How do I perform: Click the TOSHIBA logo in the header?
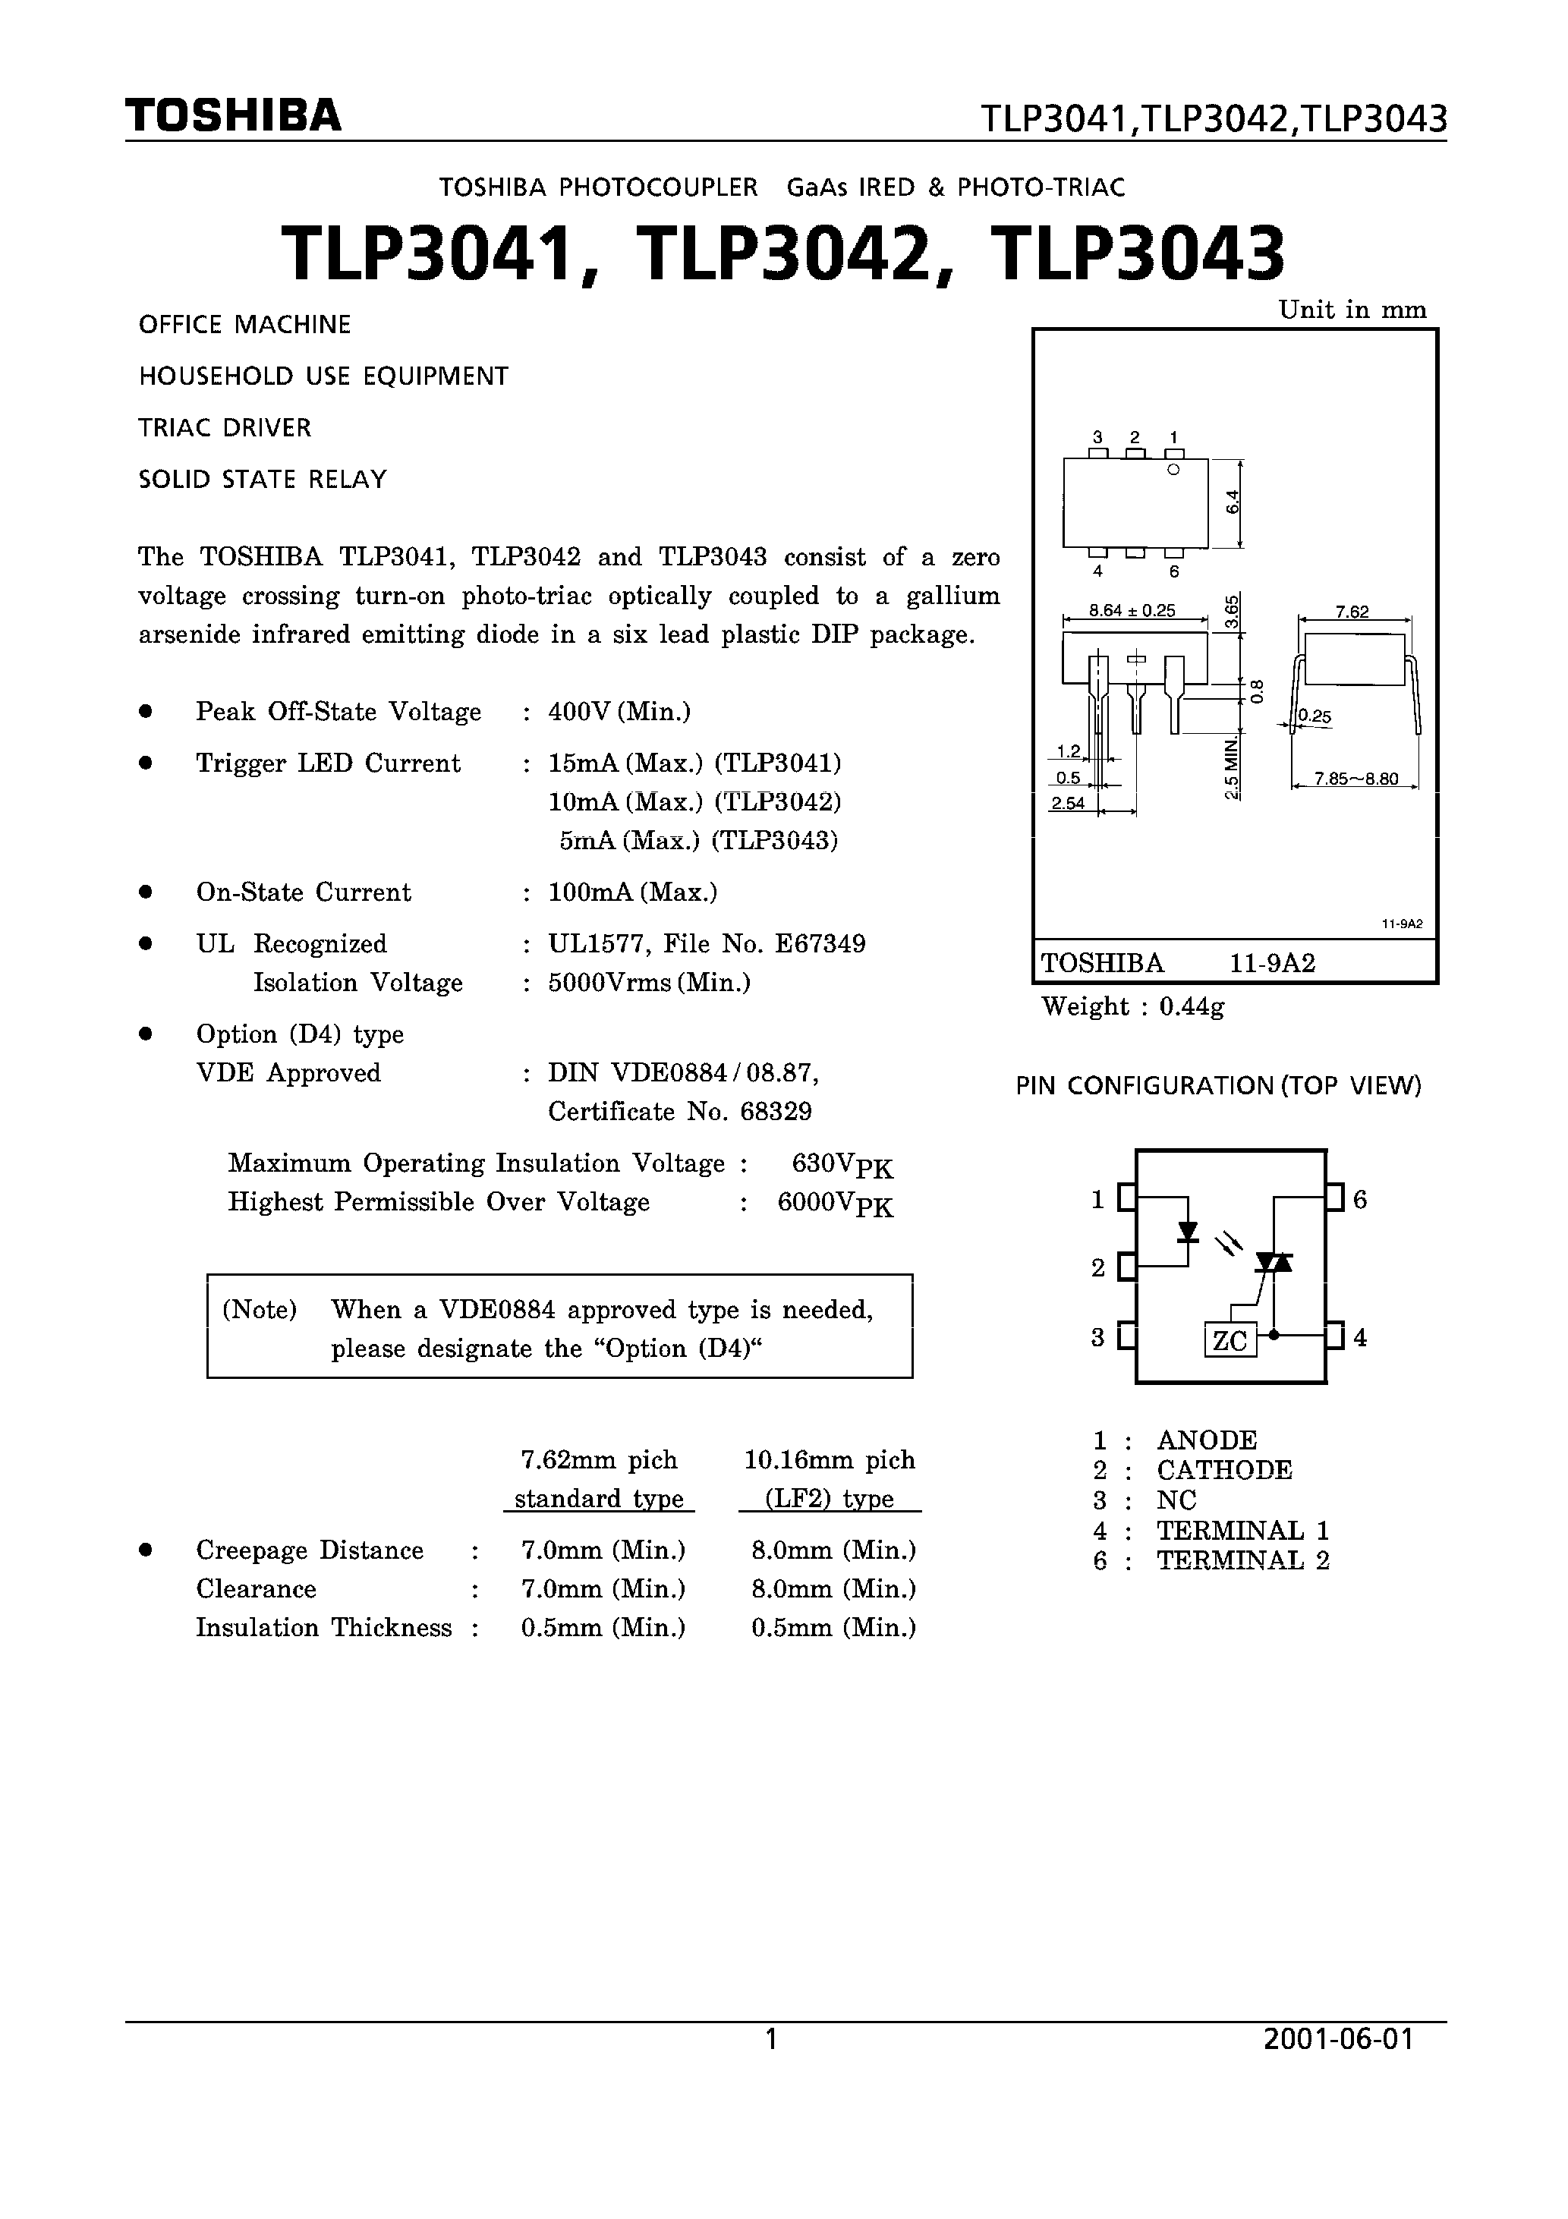233,116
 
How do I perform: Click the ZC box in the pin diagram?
1230,1340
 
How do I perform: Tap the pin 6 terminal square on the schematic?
1335,1198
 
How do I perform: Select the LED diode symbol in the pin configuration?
1188,1231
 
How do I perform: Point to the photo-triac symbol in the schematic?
1274,1262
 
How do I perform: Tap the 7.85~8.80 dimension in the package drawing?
1355,778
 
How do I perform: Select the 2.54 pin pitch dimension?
1067,802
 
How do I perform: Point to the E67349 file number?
820,944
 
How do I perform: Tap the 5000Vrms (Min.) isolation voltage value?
649,983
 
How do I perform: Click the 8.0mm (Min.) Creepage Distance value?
833,1550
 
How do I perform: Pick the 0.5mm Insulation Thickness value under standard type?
603,1628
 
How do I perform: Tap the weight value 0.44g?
1192,1007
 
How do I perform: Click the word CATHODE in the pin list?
1224,1470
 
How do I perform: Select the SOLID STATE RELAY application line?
262,480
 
